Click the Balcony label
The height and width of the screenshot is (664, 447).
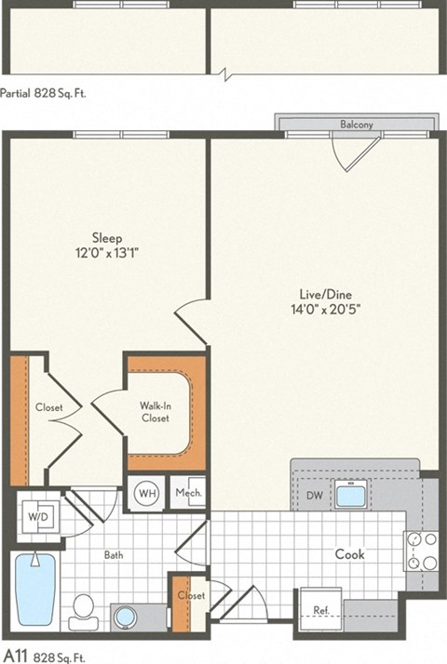pyautogui.click(x=356, y=124)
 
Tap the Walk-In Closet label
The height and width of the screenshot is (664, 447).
pyautogui.click(x=155, y=412)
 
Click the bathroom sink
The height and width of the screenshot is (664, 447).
pyautogui.click(x=126, y=616)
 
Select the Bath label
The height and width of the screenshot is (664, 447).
pyautogui.click(x=114, y=555)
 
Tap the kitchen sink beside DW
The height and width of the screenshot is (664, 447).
pyautogui.click(x=351, y=495)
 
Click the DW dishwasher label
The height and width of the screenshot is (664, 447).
pyautogui.click(x=315, y=496)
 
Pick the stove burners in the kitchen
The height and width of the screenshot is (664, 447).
pyautogui.click(x=421, y=551)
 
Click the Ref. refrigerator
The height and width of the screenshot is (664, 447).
pyautogui.click(x=320, y=611)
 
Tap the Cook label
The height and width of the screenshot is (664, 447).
pyautogui.click(x=350, y=554)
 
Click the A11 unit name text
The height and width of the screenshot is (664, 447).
pyautogui.click(x=16, y=656)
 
